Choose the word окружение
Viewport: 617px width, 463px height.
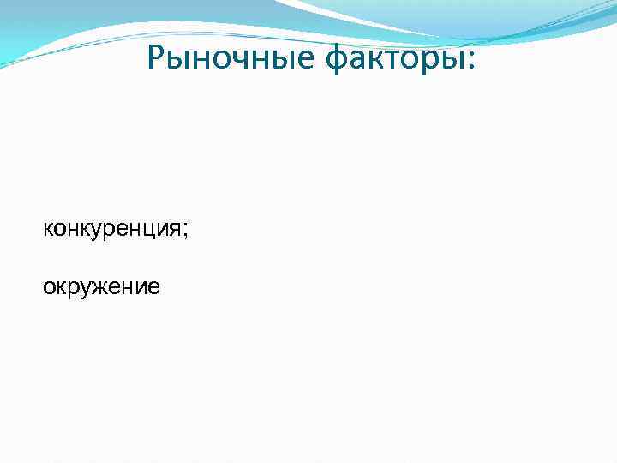[x=101, y=287]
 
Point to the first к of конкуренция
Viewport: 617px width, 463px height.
[x=48, y=229]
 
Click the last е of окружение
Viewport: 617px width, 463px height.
[x=153, y=287]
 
